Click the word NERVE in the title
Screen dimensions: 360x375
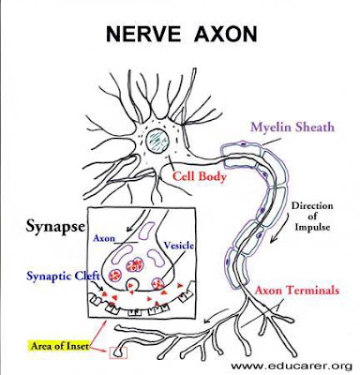pyautogui.click(x=143, y=34)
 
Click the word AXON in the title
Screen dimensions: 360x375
pyautogui.click(x=226, y=34)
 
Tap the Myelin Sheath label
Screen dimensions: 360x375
pyautogui.click(x=292, y=127)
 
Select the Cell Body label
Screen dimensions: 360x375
pyautogui.click(x=200, y=176)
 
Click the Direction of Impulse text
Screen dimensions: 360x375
pyautogui.click(x=312, y=217)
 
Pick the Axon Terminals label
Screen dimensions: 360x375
pyautogui.click(x=297, y=291)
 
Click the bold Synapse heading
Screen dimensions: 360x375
pyautogui.click(x=55, y=227)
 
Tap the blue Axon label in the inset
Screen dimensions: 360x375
pyautogui.click(x=104, y=238)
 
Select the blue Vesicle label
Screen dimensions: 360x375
pyautogui.click(x=178, y=246)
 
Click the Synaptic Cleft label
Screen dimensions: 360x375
pyautogui.click(x=64, y=276)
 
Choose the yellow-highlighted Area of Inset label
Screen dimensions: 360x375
pyautogui.click(x=59, y=346)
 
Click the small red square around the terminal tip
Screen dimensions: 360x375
pyautogui.click(x=118, y=352)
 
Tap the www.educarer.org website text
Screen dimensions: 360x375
pyautogui.click(x=292, y=366)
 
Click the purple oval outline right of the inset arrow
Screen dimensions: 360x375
pyautogui.click(x=145, y=231)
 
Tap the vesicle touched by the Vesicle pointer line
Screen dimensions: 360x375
pyautogui.click(x=157, y=284)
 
